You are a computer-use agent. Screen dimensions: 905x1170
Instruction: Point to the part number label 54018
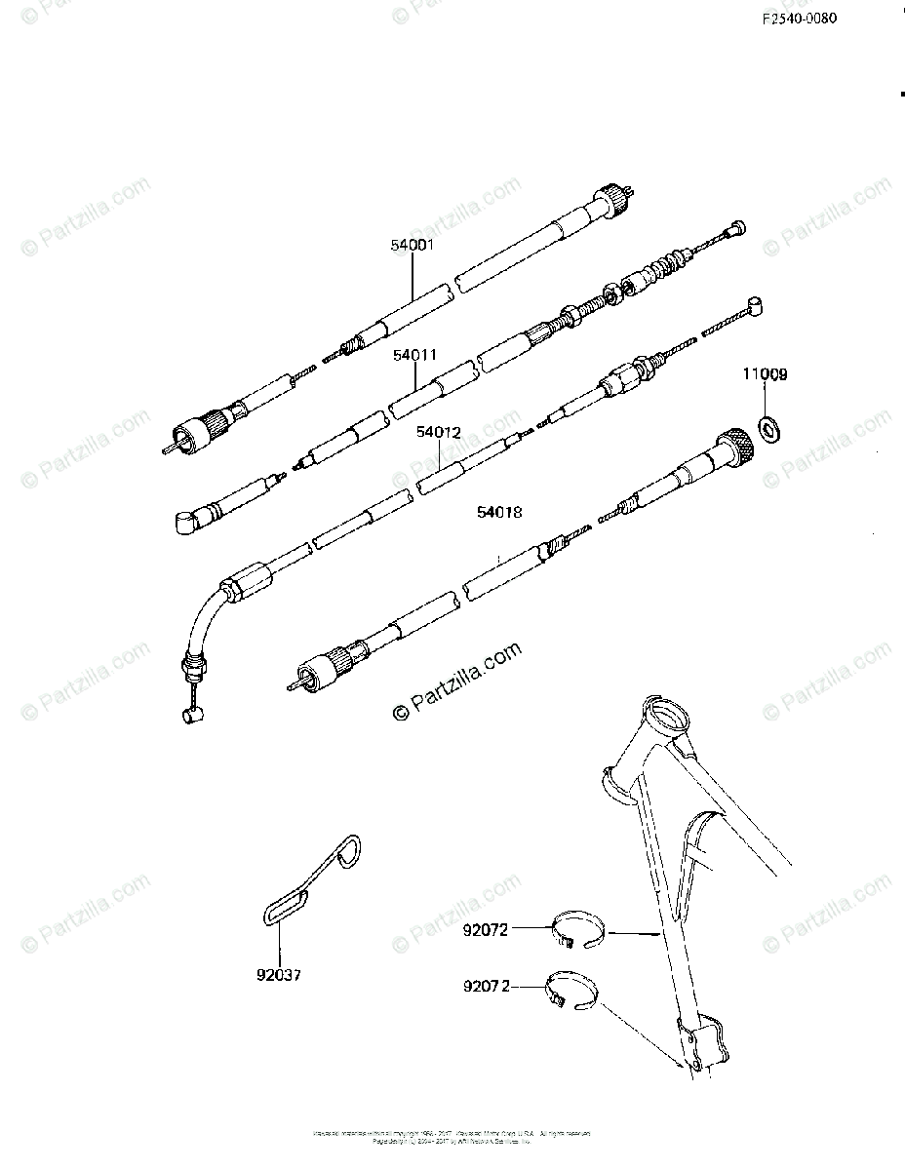coord(498,512)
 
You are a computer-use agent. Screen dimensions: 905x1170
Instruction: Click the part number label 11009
coord(767,373)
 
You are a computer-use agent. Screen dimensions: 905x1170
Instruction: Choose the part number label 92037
coord(279,973)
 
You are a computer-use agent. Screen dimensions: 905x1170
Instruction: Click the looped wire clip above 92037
coord(315,878)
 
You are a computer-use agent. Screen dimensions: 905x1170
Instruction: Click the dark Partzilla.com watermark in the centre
coord(457,682)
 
